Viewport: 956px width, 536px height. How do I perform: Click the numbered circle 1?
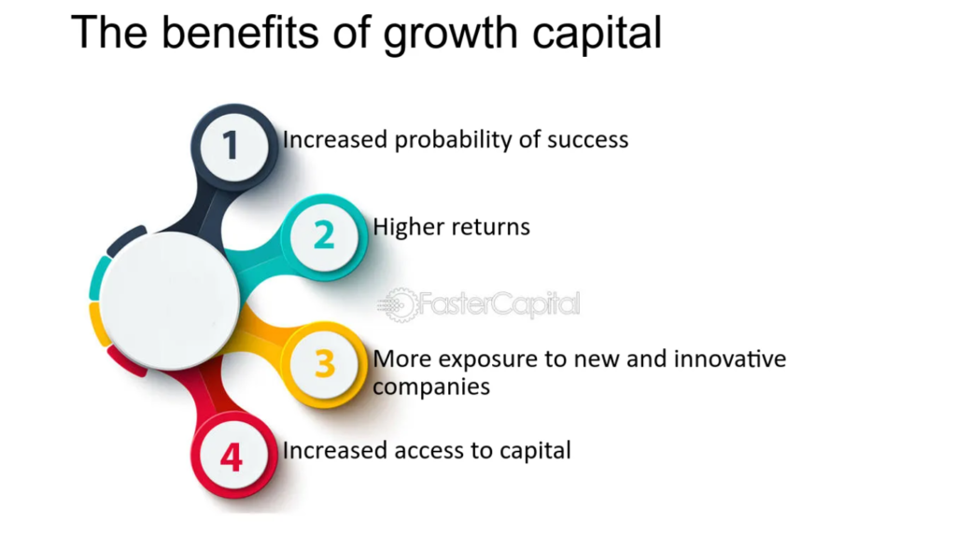[x=233, y=147]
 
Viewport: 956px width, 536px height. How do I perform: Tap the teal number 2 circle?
[x=324, y=236]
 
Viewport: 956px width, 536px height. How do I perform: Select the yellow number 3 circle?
[x=324, y=364]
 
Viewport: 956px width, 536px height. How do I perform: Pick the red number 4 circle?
[x=233, y=455]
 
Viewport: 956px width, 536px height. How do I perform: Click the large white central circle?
[x=170, y=301]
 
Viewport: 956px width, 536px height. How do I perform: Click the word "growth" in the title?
[x=451, y=35]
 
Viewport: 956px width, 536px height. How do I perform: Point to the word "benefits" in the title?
[x=240, y=32]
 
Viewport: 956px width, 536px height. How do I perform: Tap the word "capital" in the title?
[x=597, y=35]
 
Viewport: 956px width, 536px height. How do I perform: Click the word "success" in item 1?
[x=588, y=141]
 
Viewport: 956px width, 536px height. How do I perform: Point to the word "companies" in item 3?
[x=431, y=388]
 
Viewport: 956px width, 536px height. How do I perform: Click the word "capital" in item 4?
[x=535, y=452]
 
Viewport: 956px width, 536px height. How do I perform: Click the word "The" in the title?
[x=109, y=32]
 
